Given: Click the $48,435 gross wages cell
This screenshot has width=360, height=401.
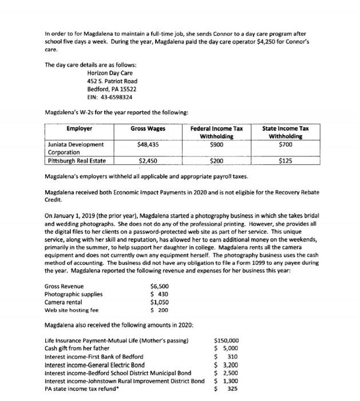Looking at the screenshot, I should coord(148,145).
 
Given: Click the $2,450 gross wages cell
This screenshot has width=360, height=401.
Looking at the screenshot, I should coord(148,161).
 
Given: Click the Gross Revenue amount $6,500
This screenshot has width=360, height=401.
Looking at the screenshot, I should coord(159,286).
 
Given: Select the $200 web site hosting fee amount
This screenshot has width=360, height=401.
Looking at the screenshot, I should coord(160,310).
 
